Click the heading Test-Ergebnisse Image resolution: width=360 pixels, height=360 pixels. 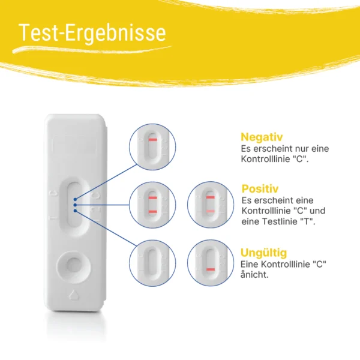pyautogui.click(x=92, y=32)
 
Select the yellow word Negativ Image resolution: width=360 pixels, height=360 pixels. pyautogui.click(x=262, y=137)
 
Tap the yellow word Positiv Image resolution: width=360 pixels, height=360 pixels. pyautogui.click(x=260, y=189)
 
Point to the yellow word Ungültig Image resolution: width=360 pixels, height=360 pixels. pyautogui.click(x=263, y=253)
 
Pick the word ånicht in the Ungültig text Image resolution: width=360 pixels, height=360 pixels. pyautogui.click(x=254, y=274)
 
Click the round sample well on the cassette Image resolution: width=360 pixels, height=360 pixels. pyautogui.click(x=73, y=267)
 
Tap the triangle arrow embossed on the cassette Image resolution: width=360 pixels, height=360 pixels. pyautogui.click(x=74, y=295)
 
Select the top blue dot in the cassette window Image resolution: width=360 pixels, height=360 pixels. pyautogui.click(x=75, y=199)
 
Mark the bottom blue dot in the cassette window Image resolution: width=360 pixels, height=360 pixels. pyautogui.click(x=75, y=211)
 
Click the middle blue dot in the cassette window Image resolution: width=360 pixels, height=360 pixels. pyautogui.click(x=75, y=205)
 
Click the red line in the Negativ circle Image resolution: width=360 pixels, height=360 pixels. pyautogui.click(x=152, y=140)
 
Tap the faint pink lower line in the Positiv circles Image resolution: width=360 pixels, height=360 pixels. pyautogui.click(x=211, y=211)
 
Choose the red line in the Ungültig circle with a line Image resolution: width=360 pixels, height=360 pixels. pyautogui.click(x=211, y=269)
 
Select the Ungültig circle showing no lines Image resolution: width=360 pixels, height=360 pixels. pyautogui.click(x=152, y=263)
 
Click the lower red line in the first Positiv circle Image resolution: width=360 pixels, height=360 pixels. pyautogui.click(x=152, y=212)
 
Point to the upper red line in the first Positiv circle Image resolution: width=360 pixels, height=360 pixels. pyautogui.click(x=152, y=197)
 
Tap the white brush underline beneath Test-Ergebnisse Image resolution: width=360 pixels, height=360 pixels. pyautogui.click(x=92, y=49)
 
